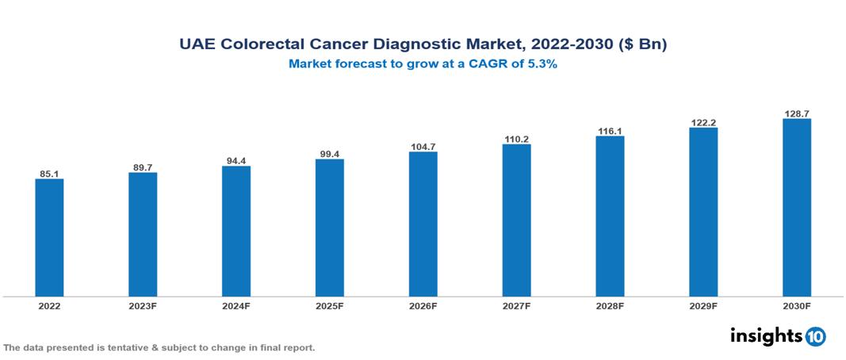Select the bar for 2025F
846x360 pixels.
tap(330, 228)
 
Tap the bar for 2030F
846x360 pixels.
tap(797, 208)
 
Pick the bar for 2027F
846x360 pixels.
tap(516, 220)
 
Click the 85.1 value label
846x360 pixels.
tap(49, 174)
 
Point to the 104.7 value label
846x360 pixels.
tap(423, 147)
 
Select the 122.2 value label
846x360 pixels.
tap(703, 122)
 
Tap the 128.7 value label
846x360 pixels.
tap(797, 113)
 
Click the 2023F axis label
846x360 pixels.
tap(143, 304)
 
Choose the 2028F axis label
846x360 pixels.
tap(610, 304)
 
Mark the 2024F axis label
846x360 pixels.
tap(236, 304)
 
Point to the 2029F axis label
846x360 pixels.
tap(703, 304)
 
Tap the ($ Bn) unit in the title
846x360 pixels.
tap(641, 44)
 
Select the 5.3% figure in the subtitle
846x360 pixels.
tap(541, 65)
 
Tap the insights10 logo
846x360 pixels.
tap(778, 336)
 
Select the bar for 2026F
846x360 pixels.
tap(423, 224)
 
